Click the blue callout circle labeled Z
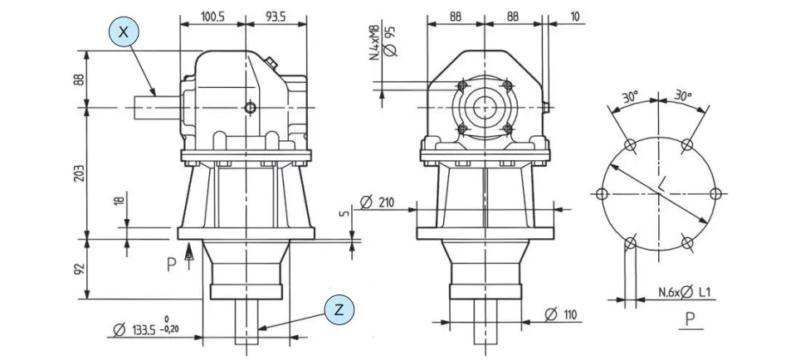338,309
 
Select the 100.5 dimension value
212,15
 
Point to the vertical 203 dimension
77,173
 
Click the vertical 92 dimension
77,270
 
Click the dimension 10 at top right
575,15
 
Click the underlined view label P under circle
690,319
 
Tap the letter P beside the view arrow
171,265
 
